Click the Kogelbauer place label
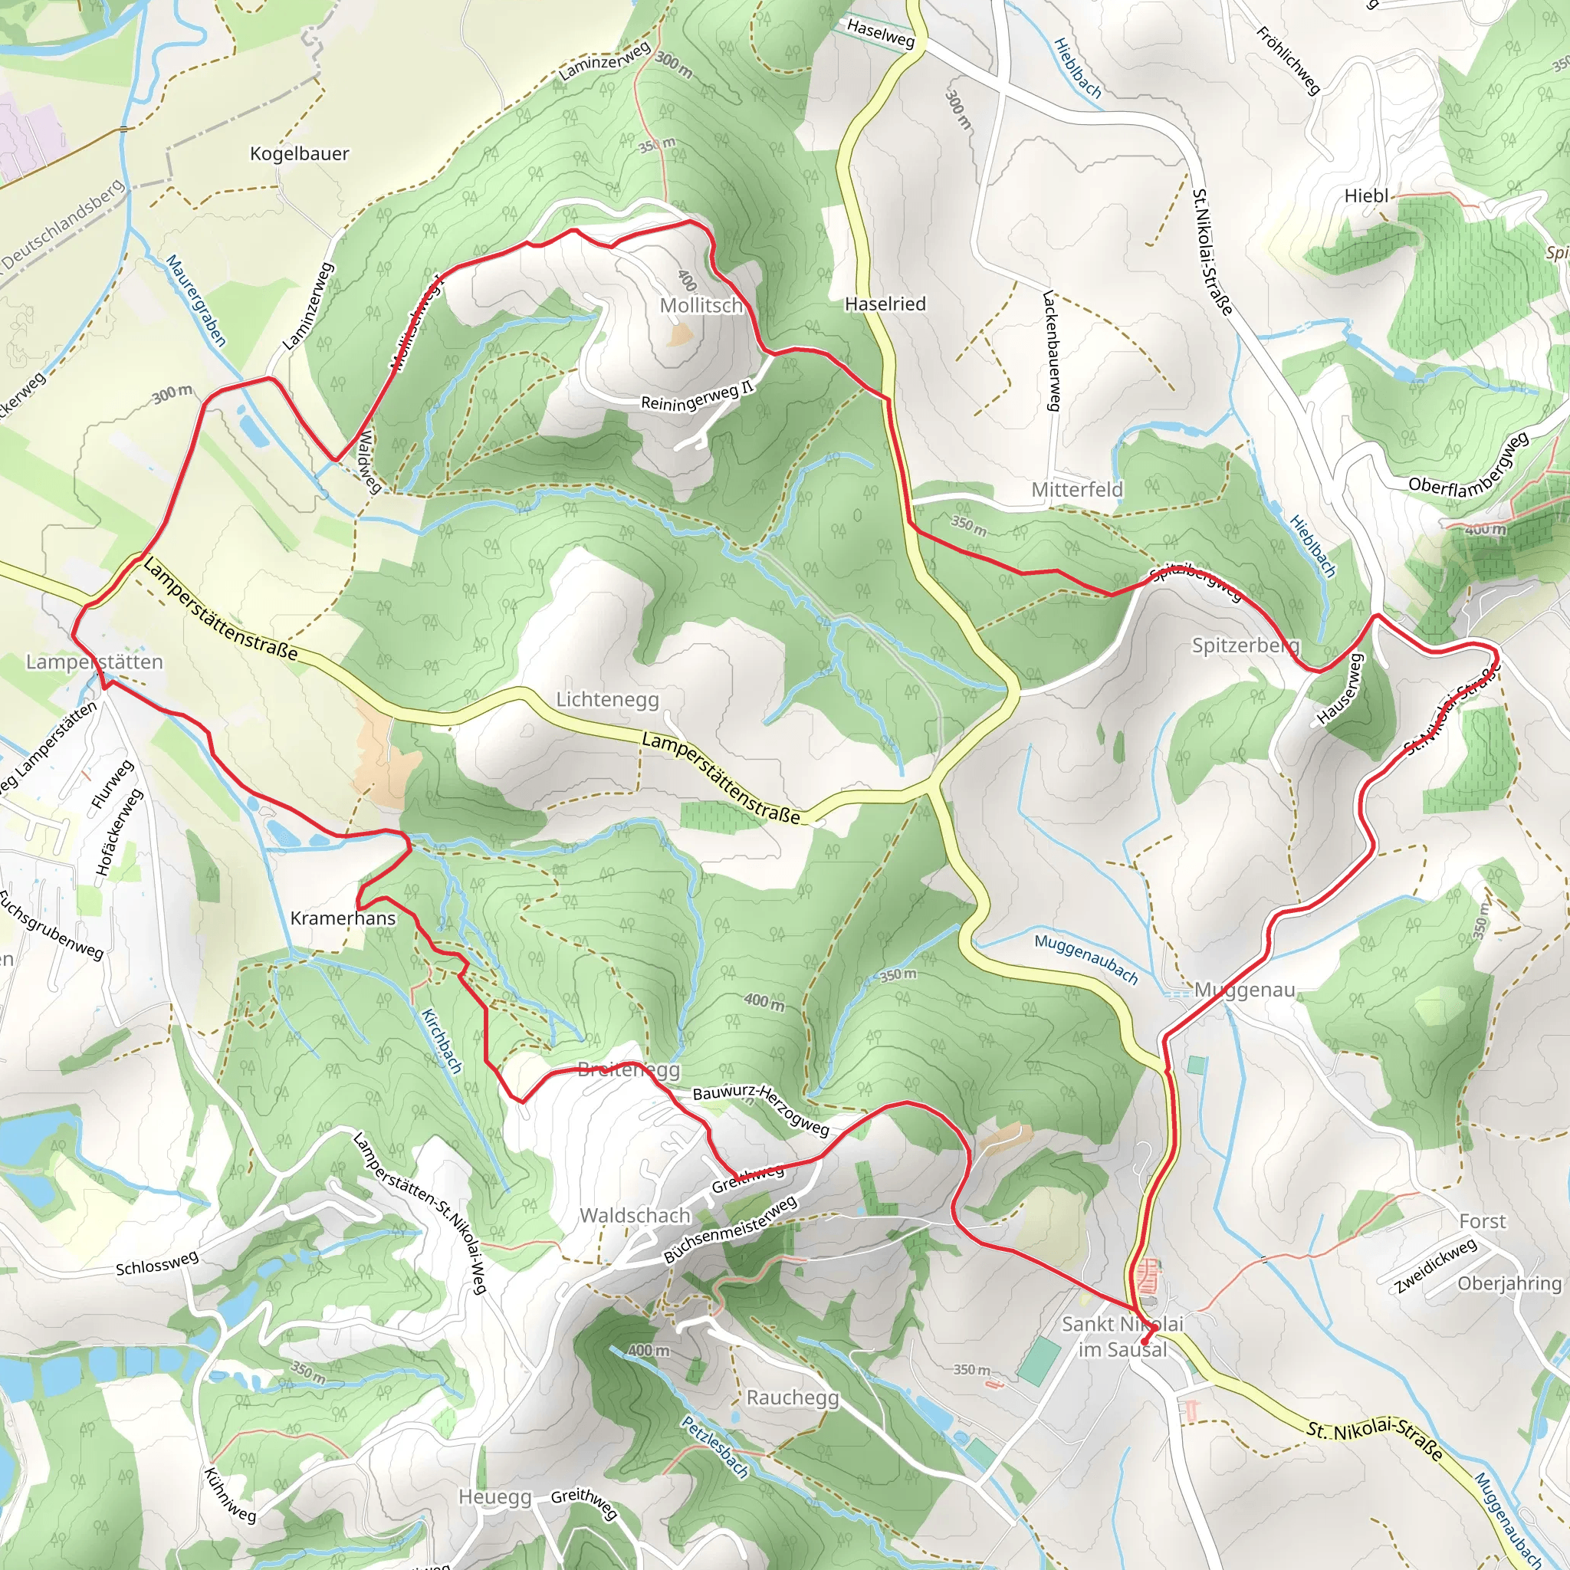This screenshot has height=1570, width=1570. [299, 153]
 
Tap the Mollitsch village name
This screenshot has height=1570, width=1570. [701, 306]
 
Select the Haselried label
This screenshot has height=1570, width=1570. [885, 304]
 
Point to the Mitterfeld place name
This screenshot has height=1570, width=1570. [1077, 490]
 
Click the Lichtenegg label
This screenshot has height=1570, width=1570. [607, 700]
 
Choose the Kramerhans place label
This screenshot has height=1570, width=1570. [343, 918]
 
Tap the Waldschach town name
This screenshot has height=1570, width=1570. [635, 1216]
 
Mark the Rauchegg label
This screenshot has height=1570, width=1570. [793, 1398]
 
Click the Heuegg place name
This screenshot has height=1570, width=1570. [495, 1497]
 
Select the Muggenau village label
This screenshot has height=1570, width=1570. [1244, 990]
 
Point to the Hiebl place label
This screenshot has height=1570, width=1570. [1366, 195]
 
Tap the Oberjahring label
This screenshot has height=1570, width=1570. [1509, 1283]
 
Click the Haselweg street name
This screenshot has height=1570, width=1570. [880, 33]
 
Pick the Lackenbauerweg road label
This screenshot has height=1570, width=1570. [1052, 351]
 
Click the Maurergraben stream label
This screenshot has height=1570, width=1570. [195, 300]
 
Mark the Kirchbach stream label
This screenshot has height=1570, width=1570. [442, 1041]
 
